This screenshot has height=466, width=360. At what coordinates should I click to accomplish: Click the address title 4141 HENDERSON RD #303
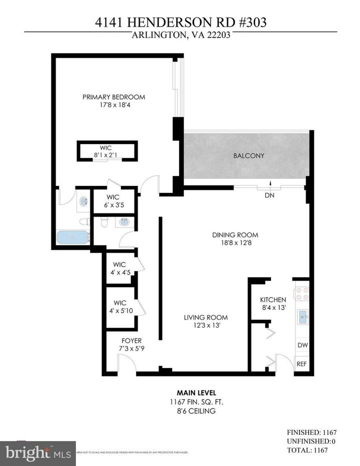[x=180, y=23]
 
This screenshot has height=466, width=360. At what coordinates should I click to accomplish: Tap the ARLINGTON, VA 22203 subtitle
[x=180, y=35]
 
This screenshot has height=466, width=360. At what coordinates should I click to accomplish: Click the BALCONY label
[x=248, y=156]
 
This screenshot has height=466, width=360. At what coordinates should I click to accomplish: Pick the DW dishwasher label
[x=301, y=345]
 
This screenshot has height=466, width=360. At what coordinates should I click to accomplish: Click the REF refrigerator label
[x=301, y=364]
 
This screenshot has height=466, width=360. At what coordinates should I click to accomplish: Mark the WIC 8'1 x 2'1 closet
[x=106, y=151]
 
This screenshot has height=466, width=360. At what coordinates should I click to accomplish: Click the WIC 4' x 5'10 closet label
[x=119, y=306]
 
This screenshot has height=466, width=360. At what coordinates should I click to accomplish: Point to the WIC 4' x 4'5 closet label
[x=119, y=268]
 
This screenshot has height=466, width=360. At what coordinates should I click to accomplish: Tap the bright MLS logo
[x=38, y=453]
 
